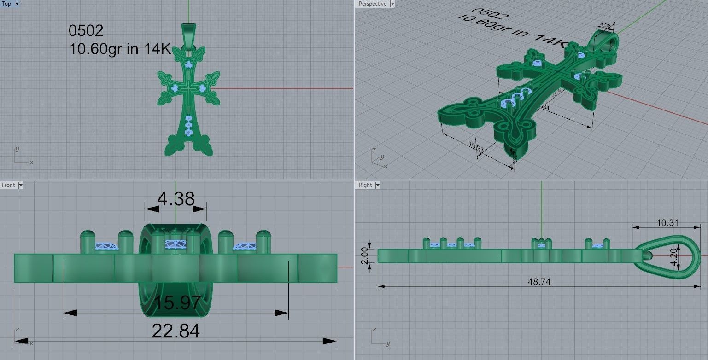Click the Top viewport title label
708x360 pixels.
(6, 4)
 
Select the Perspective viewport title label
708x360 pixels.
(372, 4)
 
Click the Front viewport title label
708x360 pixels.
(8, 185)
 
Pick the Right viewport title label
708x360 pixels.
(365, 185)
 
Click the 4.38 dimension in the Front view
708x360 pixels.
(176, 199)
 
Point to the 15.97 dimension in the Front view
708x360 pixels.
(177, 303)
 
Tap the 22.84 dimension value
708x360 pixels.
(176, 331)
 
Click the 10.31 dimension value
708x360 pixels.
(667, 223)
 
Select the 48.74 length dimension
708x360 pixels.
(539, 282)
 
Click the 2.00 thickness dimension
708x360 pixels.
(364, 255)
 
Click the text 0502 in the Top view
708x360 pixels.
(86, 31)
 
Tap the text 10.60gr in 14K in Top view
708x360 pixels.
(120, 49)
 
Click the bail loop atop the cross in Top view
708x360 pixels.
(189, 35)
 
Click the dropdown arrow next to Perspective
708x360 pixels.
(392, 4)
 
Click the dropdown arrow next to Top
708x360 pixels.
(17, 4)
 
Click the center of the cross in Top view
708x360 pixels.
(189, 88)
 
